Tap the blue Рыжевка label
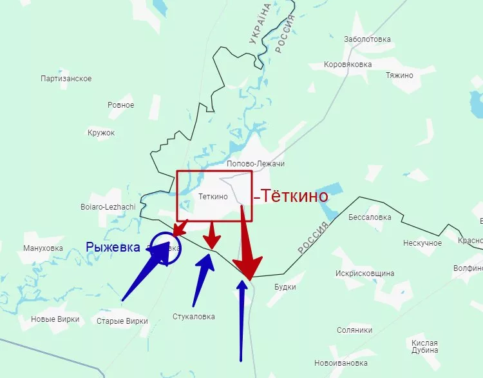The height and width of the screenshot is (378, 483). (x=113, y=246)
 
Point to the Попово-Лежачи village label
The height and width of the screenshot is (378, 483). (x=256, y=164)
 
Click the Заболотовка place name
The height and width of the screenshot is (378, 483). (x=367, y=39)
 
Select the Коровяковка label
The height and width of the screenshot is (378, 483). (x=348, y=65)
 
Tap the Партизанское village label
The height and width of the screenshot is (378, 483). (x=66, y=79)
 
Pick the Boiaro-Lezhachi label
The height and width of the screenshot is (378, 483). (x=108, y=206)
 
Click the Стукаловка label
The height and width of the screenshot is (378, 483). (x=194, y=317)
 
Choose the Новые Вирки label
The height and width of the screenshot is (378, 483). (x=55, y=319)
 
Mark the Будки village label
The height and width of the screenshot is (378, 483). (x=285, y=287)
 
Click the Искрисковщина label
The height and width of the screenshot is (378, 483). (x=365, y=274)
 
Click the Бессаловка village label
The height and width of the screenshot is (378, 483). (x=369, y=217)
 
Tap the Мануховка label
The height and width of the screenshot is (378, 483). (x=43, y=248)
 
